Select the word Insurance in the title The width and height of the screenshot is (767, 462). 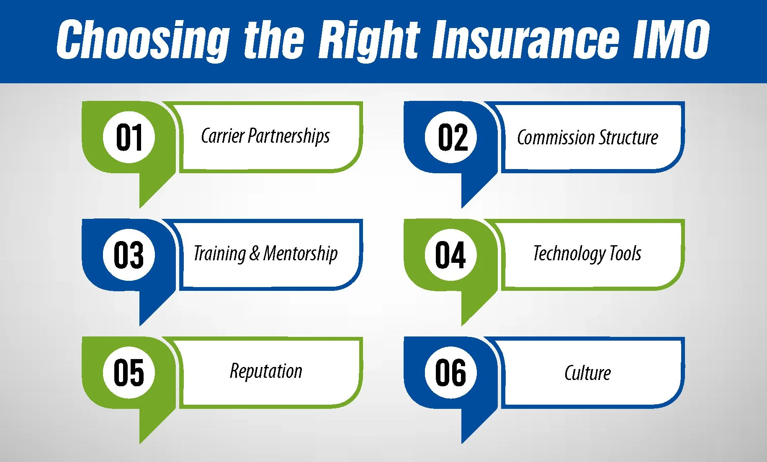(525, 40)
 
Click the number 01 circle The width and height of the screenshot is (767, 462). (129, 137)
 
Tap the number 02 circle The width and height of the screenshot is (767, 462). (451, 137)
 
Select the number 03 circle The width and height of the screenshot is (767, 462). (129, 255)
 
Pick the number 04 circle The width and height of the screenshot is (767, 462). (451, 255)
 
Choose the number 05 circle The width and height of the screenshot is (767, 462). (129, 372)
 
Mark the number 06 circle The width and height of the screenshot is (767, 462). (451, 372)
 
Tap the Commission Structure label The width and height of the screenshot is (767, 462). (587, 138)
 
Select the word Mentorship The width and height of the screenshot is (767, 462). (300, 254)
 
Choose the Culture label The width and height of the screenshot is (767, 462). (587, 373)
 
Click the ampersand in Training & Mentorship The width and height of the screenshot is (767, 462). (254, 254)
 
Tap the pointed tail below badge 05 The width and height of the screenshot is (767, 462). (151, 423)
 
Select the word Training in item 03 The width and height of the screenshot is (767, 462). (220, 254)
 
